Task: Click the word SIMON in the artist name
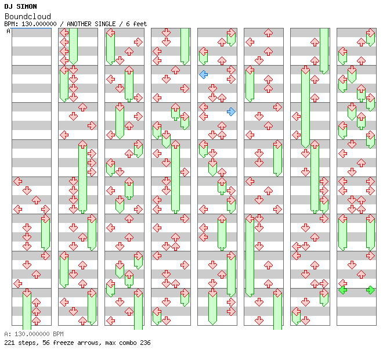[x=27, y=6]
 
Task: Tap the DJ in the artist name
[x=8, y=6]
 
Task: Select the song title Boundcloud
[x=27, y=16]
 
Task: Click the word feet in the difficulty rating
[x=140, y=24]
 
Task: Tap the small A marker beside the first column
[x=8, y=31]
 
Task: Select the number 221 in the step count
[x=9, y=343]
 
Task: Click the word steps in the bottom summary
[x=27, y=343]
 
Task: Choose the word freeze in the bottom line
[x=63, y=343]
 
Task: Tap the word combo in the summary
[x=129, y=343]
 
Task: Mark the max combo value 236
[x=145, y=343]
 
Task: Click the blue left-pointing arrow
[x=203, y=74]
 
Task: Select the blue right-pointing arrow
[x=231, y=111]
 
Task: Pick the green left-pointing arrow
[x=342, y=290]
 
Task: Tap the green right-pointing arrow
[x=370, y=290]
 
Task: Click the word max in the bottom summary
[x=111, y=343]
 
